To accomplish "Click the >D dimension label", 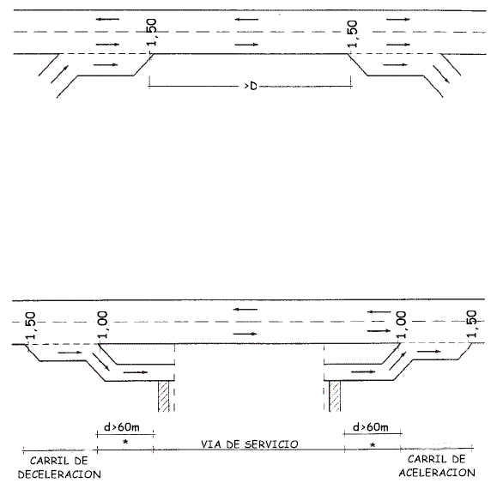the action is [251, 86].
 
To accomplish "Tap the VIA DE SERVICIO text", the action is [250, 444].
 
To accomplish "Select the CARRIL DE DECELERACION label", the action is [59, 468].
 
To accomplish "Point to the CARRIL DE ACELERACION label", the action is [437, 466].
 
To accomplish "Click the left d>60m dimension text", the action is [122, 427].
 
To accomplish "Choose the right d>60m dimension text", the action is [371, 427].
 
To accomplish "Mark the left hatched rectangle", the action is [164, 396].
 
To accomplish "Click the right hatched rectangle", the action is [335, 396].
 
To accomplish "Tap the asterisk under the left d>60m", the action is [125, 442].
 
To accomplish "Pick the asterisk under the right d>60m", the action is [373, 445].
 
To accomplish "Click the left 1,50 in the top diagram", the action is [152, 33].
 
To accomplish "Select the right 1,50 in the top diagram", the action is [353, 33].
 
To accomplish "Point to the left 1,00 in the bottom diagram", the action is [103, 325].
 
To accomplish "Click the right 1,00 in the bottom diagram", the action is [401, 325].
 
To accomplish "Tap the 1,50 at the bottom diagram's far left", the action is [31, 326].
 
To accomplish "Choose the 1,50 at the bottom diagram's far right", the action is [471, 323].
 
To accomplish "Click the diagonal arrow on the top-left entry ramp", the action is [59, 74].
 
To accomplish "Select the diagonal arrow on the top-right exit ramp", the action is [441, 74].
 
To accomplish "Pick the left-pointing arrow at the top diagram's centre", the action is [246, 20].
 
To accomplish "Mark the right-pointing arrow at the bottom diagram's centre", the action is [245, 334].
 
